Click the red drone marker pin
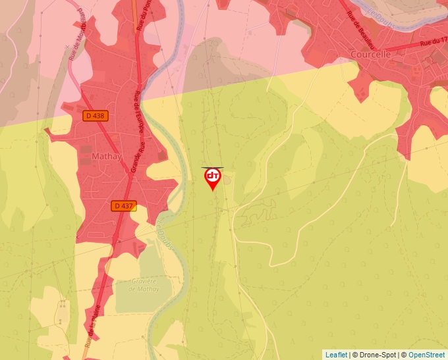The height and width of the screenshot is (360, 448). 213,178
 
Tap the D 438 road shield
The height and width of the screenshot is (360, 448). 96,115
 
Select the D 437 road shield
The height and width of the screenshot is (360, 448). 123,205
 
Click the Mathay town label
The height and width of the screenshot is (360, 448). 107,157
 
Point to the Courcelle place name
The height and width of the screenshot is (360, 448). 371,54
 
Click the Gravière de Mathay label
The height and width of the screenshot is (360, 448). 144,285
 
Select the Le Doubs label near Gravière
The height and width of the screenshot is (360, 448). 165,234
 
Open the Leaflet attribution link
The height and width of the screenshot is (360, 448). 336,355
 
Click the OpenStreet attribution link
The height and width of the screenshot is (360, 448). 426,355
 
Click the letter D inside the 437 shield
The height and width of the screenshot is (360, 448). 117,205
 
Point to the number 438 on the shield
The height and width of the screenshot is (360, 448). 99,115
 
